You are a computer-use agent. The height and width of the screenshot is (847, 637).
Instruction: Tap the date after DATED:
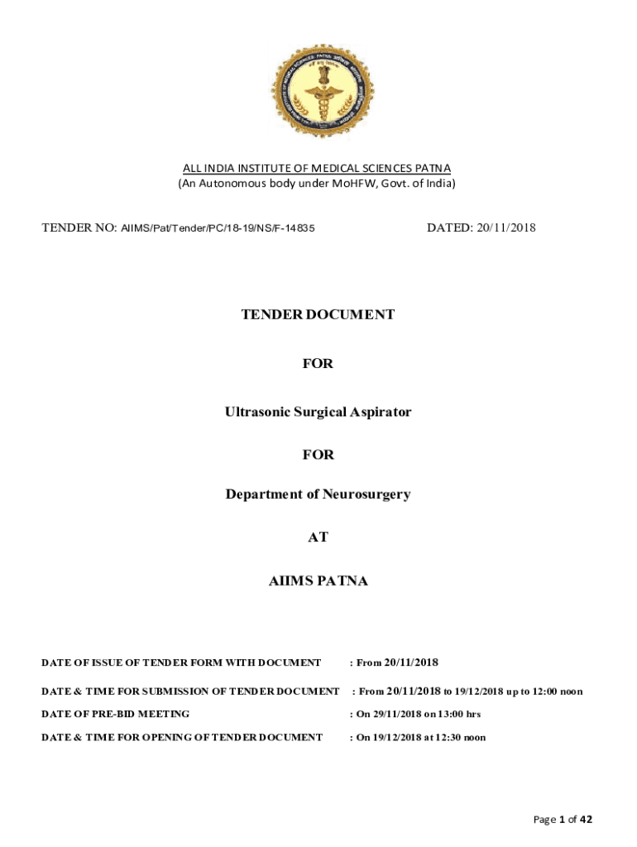click(x=505, y=227)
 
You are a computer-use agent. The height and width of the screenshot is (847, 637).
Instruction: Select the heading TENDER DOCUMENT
click(x=318, y=314)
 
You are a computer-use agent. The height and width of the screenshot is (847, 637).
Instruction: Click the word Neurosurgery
click(x=366, y=495)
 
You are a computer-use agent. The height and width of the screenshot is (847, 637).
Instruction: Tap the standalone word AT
click(x=318, y=537)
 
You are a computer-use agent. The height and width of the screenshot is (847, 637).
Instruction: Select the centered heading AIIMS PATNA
click(x=318, y=581)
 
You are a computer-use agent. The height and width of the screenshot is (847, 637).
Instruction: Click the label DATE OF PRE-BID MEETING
click(x=116, y=714)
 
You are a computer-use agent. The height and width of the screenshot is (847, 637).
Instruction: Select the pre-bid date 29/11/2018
click(x=396, y=714)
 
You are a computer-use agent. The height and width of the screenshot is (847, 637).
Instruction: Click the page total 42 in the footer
click(x=586, y=820)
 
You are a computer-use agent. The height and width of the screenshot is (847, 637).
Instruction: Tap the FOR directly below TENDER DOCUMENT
click(x=318, y=363)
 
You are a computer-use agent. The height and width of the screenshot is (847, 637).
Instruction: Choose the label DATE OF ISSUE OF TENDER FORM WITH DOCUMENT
click(x=181, y=663)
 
